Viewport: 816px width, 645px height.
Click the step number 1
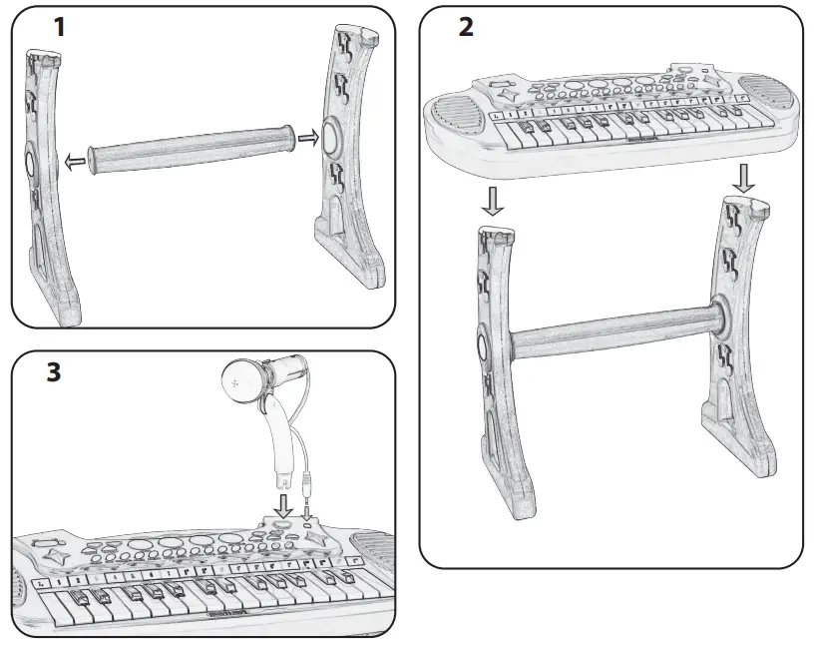(x=60, y=26)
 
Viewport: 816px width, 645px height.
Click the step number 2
(x=465, y=27)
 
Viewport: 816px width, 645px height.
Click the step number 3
(x=53, y=372)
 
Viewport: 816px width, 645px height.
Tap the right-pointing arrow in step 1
(x=309, y=137)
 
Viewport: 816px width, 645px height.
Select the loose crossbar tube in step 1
(x=190, y=148)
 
